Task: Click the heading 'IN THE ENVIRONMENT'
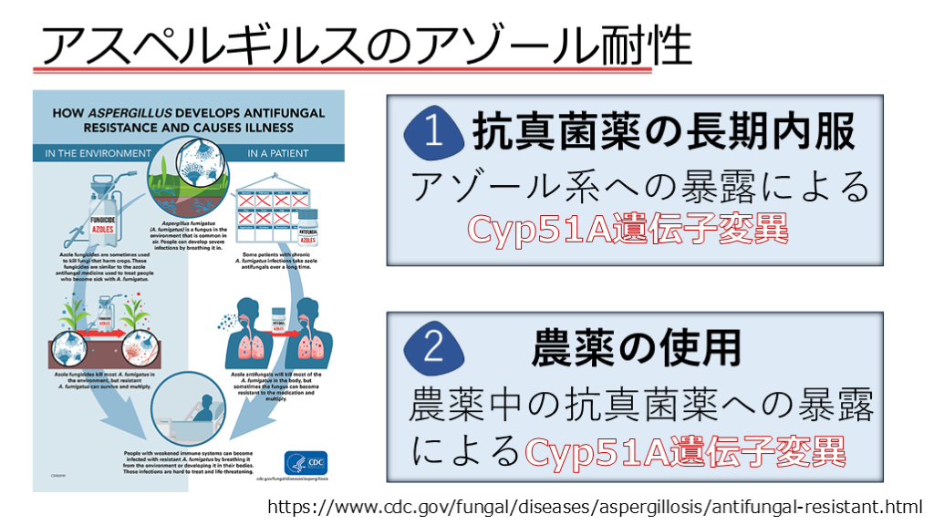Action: tap(97, 153)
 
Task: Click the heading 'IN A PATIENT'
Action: tap(277, 153)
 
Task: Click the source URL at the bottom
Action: tap(595, 506)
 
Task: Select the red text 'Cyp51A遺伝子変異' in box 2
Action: tap(685, 450)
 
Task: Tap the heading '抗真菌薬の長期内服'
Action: tap(664, 132)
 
